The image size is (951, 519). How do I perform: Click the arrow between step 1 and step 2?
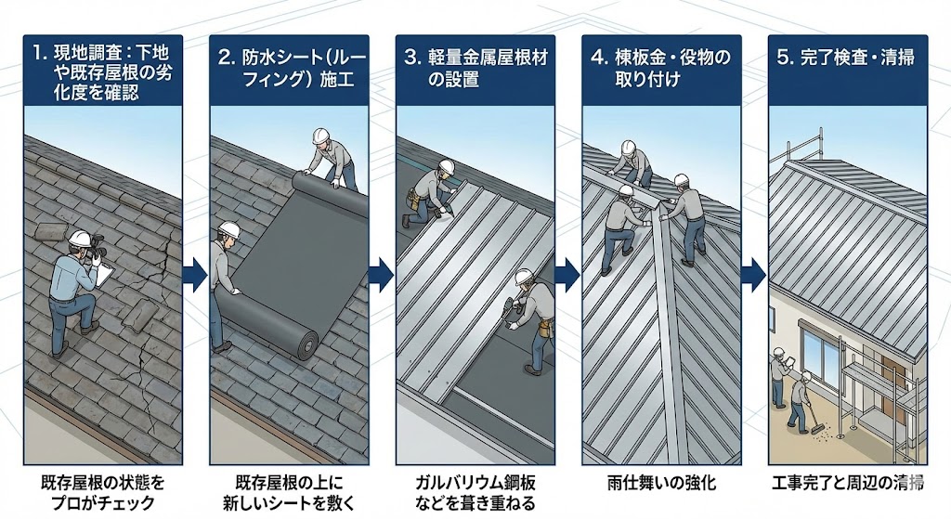click(x=195, y=274)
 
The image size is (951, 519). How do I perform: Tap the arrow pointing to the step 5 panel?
click(x=754, y=274)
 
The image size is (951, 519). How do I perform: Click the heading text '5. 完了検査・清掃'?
click(x=845, y=58)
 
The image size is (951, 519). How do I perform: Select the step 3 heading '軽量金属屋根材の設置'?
click(x=475, y=69)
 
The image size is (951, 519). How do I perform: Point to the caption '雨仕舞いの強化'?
click(x=661, y=483)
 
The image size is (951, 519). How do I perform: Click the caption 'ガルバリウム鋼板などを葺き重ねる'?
click(x=475, y=492)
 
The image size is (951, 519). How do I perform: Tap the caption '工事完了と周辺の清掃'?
click(x=849, y=483)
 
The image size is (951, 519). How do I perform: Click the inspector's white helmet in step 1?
click(x=80, y=238)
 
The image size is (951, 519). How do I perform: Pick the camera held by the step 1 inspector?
click(x=97, y=249)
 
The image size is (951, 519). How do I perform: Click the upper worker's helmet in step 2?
click(x=320, y=136)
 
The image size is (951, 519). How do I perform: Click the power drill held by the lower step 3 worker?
click(x=512, y=308)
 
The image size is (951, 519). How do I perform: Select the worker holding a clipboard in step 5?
click(x=780, y=376)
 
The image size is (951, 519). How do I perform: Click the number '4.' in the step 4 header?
click(x=599, y=58)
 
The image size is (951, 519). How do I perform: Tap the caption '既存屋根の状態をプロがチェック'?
click(x=102, y=492)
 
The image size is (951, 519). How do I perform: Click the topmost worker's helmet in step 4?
click(x=629, y=148)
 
